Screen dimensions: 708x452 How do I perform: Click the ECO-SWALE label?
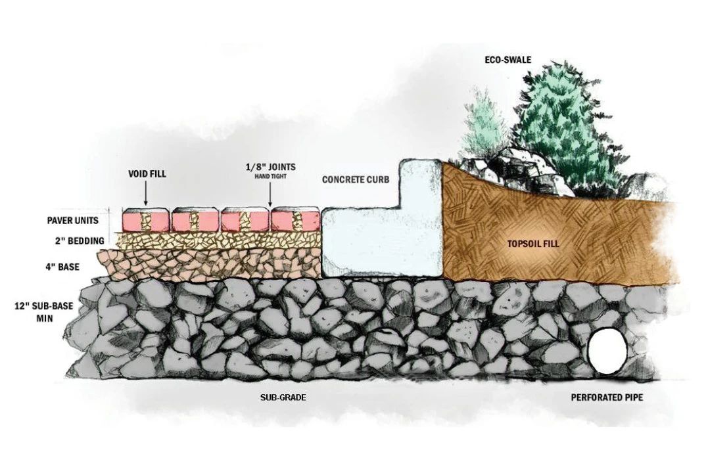click(x=507, y=60)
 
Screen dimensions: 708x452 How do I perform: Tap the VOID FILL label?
click(x=147, y=173)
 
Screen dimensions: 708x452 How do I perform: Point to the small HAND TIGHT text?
click(x=271, y=176)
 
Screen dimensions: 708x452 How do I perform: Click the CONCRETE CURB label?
click(x=356, y=179)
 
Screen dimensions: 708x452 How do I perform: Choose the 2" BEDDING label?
click(x=80, y=241)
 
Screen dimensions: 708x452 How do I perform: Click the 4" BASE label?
click(x=62, y=267)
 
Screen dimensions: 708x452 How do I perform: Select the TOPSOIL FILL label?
click(x=532, y=244)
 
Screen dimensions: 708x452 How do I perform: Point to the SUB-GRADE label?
click(x=283, y=397)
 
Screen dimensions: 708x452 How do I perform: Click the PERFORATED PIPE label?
click(x=607, y=397)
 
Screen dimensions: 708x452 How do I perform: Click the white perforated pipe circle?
click(x=608, y=351)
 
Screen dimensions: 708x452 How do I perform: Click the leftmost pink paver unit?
click(x=145, y=219)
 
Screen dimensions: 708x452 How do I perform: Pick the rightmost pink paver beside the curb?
click(x=296, y=219)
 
